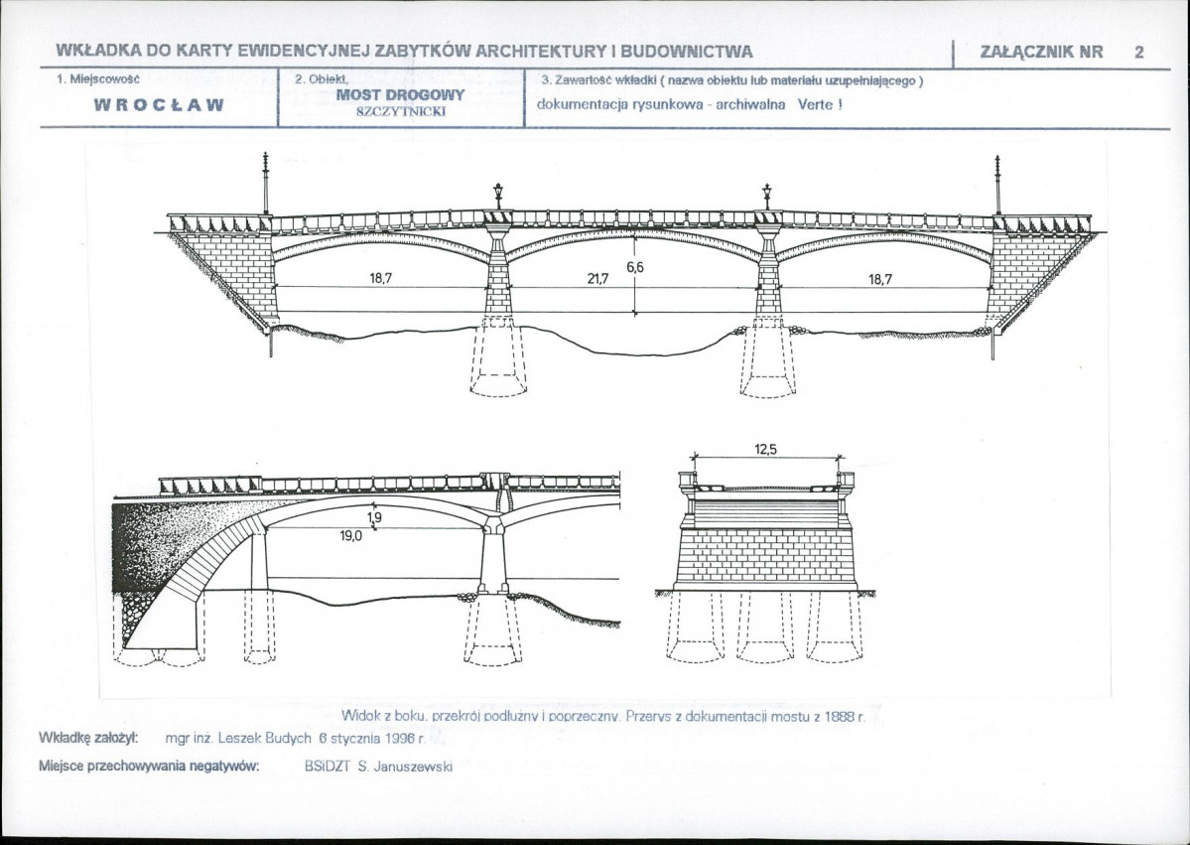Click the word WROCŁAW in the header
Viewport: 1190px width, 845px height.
tap(159, 105)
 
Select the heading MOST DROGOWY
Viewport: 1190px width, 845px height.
tap(400, 95)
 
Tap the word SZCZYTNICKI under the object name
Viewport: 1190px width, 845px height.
tap(400, 111)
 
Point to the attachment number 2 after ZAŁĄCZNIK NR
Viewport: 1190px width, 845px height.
tap(1138, 52)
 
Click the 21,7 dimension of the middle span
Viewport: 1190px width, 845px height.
tap(597, 279)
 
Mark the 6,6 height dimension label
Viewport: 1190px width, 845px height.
tap(634, 267)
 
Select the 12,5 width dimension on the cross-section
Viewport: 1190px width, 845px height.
tap(765, 450)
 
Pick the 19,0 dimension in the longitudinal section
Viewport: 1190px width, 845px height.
tap(350, 535)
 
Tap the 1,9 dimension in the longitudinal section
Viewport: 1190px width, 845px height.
tap(374, 517)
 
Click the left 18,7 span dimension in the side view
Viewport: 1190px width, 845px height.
tap(381, 279)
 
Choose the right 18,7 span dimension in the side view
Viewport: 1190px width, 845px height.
tap(880, 279)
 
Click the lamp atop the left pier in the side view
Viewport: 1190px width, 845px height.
tap(498, 196)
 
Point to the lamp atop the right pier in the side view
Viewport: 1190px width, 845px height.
tap(767, 196)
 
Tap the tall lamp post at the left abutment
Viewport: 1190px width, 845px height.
tap(266, 183)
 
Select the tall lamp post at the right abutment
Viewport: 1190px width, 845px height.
tap(997, 185)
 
